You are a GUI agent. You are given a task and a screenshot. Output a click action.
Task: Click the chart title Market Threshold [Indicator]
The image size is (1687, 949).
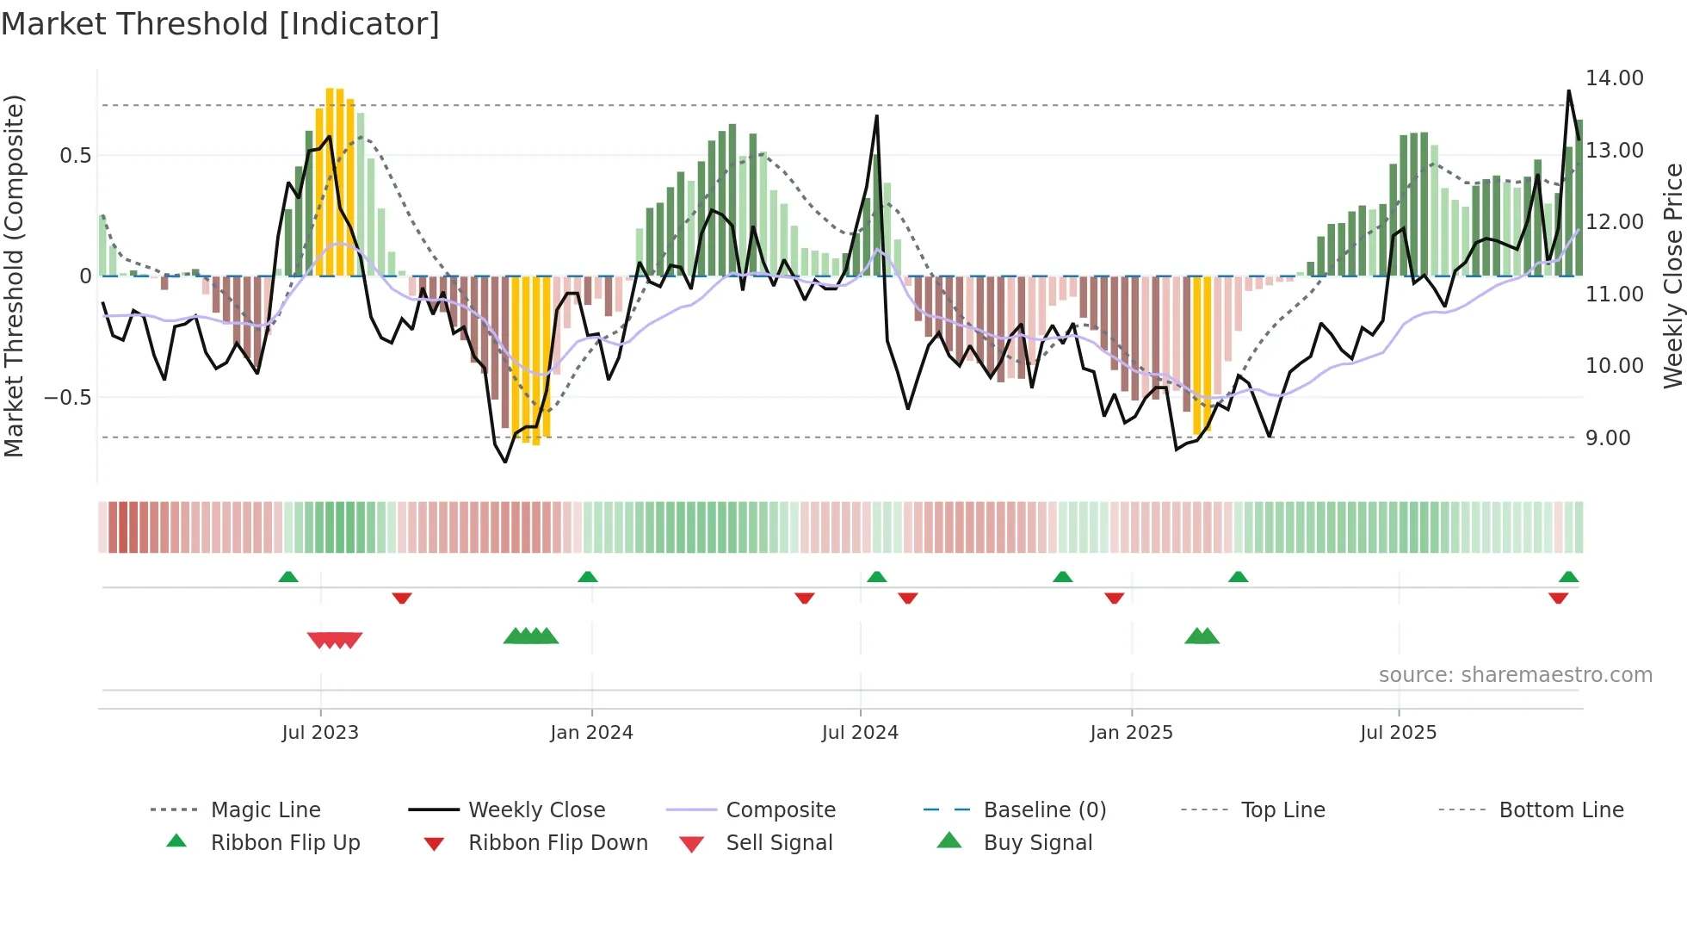coord(220,24)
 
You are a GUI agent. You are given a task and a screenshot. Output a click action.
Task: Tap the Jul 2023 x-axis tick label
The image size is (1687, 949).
coord(320,733)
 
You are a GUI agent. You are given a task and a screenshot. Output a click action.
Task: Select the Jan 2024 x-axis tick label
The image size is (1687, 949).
coord(591,733)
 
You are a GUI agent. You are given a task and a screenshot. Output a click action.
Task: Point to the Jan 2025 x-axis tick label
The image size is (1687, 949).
coord(1131,733)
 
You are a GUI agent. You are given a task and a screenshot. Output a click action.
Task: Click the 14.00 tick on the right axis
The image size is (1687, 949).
coord(1615,78)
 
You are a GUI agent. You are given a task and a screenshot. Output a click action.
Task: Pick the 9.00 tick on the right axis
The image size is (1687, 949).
coord(1608,438)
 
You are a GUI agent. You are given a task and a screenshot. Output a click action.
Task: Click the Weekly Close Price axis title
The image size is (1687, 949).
coord(1672,276)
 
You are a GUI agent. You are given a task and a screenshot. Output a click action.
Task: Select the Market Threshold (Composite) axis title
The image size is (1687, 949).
coord(14,276)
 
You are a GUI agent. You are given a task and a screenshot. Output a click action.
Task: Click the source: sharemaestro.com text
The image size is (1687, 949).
coord(1515,675)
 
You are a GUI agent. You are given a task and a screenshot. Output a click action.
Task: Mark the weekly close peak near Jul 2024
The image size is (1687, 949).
coord(876,116)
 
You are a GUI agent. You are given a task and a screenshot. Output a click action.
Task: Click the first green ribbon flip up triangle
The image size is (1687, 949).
coord(288,577)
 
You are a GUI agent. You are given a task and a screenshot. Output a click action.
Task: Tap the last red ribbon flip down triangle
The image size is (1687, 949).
coord(1558,598)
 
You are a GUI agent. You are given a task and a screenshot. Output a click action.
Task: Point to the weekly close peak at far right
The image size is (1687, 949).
coord(1568,91)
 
